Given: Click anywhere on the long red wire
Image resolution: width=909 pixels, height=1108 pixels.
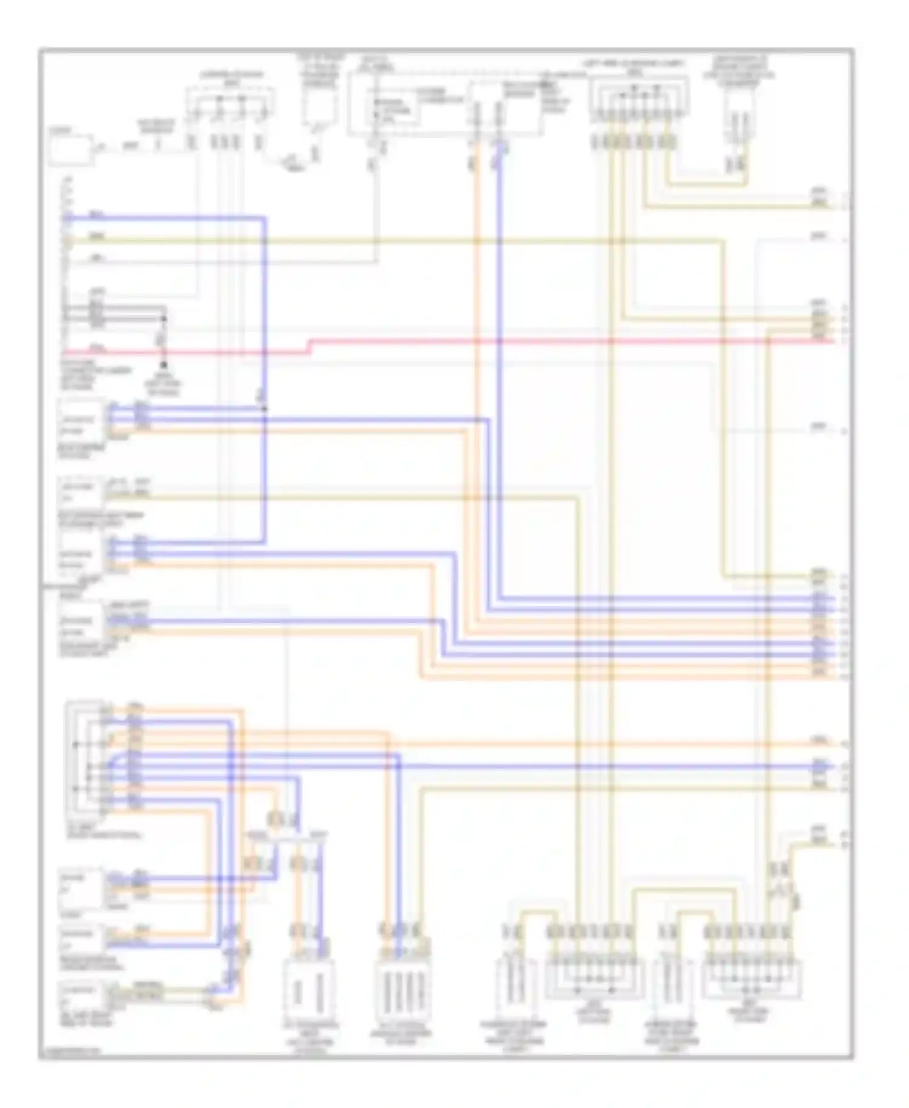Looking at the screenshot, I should click(545, 341).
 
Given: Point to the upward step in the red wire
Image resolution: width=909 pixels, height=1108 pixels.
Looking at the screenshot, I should click(310, 346).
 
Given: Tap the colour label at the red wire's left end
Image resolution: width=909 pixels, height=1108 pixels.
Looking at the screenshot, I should click(96, 347).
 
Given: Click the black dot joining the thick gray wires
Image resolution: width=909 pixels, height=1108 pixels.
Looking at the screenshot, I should click(164, 318).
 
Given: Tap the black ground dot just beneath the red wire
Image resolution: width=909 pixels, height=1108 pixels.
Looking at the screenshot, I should click(163, 365).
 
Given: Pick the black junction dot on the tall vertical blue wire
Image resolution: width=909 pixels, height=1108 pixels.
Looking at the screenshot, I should click(264, 409).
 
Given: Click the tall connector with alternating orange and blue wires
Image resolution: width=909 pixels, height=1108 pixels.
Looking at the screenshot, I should click(86, 758).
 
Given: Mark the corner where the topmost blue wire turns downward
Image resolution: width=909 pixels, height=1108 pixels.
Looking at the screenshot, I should click(264, 218).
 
